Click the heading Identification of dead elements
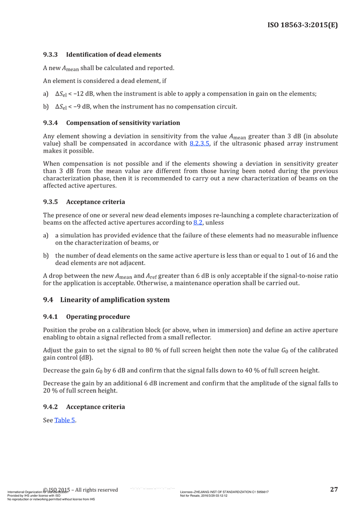pyautogui.click(x=113, y=55)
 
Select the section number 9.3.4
pyautogui.click(x=51, y=123)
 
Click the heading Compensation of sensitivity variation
pyautogui.click(x=123, y=123)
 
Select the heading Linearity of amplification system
pyautogui.click(x=115, y=299)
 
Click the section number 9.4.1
pyautogui.click(x=51, y=316)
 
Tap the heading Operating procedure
pyautogui.click(x=98, y=316)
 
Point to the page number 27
pyautogui.click(x=334, y=489)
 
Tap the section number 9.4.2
pyautogui.click(x=51, y=407)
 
